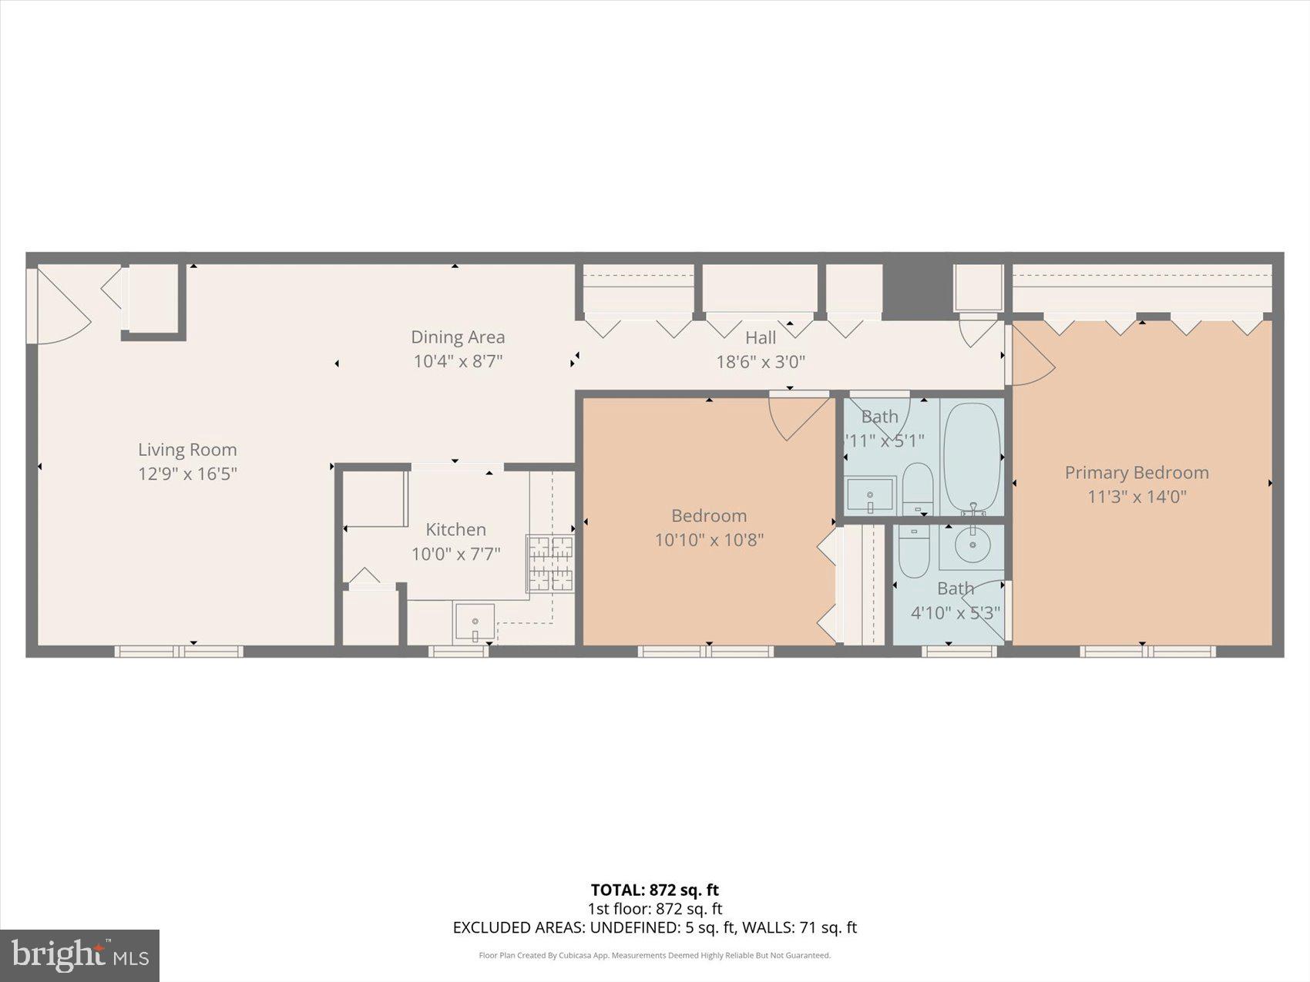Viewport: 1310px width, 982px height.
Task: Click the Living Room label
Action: (187, 450)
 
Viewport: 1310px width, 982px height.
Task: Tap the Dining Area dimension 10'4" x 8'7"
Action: (458, 360)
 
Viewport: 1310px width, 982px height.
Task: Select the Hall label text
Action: (760, 337)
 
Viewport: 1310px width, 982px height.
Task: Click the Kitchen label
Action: (455, 529)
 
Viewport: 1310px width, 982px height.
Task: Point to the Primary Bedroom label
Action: (1136, 472)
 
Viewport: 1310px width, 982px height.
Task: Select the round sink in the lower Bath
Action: (972, 545)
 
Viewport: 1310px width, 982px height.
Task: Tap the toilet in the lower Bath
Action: (915, 551)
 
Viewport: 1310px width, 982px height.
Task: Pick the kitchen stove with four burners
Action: (550, 564)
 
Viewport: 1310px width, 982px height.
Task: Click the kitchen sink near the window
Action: (474, 622)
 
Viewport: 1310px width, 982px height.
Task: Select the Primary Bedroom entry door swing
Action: (1031, 356)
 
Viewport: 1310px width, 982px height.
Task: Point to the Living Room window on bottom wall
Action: (179, 652)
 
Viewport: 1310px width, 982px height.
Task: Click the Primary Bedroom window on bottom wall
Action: (1147, 652)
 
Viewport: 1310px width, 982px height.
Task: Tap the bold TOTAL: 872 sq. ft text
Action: (654, 890)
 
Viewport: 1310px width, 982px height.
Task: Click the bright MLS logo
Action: (79, 955)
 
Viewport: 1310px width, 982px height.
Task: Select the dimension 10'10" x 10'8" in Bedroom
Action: (708, 540)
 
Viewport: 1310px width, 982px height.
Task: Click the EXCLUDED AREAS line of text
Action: (654, 927)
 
